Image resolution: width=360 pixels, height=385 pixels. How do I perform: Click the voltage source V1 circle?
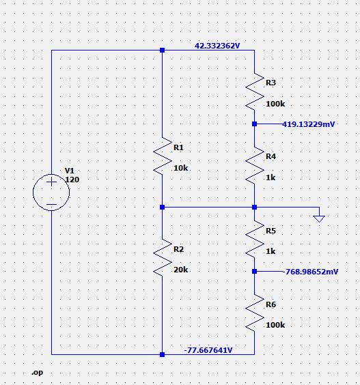click(x=33, y=192)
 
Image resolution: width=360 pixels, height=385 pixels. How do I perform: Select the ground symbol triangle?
click(x=319, y=218)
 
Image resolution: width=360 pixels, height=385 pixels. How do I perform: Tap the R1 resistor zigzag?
click(x=163, y=156)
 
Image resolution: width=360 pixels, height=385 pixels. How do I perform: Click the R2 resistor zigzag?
click(x=163, y=258)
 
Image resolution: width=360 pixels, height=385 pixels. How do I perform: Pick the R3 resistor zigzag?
click(x=255, y=91)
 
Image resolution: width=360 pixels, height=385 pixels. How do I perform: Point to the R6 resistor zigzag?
click(x=255, y=313)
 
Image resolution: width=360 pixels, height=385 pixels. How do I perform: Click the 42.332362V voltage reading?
click(x=217, y=46)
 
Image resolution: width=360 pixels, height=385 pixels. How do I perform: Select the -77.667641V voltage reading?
click(x=208, y=350)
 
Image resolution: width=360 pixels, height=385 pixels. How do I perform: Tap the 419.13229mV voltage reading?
click(x=308, y=124)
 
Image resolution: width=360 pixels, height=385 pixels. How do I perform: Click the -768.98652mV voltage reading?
click(x=310, y=272)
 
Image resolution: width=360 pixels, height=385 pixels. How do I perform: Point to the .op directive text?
click(x=38, y=373)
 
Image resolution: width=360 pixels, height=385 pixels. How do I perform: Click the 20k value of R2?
click(x=180, y=270)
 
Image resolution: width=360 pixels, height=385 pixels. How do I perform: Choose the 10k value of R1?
click(x=180, y=168)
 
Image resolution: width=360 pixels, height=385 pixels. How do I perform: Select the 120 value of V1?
click(x=72, y=180)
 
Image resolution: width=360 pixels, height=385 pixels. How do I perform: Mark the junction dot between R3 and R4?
click(x=255, y=124)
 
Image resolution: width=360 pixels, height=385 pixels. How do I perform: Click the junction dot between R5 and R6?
click(x=255, y=271)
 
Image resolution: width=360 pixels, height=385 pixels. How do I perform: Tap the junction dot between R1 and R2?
click(x=162, y=208)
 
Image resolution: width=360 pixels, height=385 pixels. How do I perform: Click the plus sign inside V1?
click(x=51, y=182)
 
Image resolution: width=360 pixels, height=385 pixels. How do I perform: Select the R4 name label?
click(x=271, y=156)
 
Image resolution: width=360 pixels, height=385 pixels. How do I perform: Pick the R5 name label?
click(x=271, y=231)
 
